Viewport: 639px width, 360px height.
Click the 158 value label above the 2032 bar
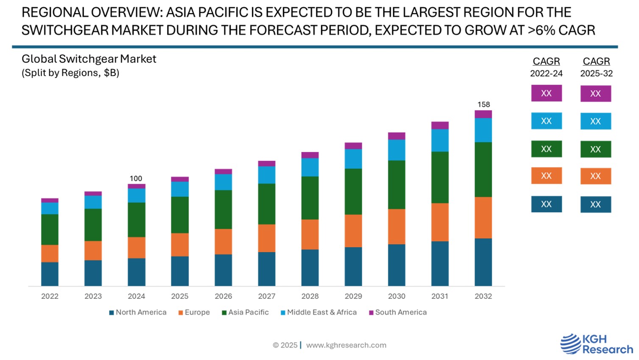click(x=483, y=104)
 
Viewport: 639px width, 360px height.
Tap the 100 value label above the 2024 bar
click(x=136, y=179)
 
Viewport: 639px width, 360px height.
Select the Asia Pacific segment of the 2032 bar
click(x=483, y=169)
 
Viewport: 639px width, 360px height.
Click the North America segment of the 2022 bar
click(x=50, y=274)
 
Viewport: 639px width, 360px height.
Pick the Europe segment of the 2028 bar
click(x=310, y=234)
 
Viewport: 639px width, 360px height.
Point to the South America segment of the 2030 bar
click(x=396, y=136)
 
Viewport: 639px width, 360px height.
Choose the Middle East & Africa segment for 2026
click(x=223, y=182)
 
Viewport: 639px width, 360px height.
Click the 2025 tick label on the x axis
click(x=180, y=296)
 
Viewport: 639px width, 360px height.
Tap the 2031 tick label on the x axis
click(x=440, y=296)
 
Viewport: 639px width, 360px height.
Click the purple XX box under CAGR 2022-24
click(x=546, y=93)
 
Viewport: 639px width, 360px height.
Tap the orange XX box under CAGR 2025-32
click(x=595, y=176)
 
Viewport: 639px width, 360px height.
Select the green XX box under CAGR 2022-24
click(x=546, y=149)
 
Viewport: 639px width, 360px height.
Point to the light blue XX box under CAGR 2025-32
click(x=595, y=121)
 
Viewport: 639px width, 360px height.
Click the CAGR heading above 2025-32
click(x=596, y=62)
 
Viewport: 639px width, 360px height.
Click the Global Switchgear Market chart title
click(x=89, y=59)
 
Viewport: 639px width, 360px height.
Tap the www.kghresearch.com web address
click(x=346, y=345)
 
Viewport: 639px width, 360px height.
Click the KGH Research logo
click(x=596, y=344)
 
